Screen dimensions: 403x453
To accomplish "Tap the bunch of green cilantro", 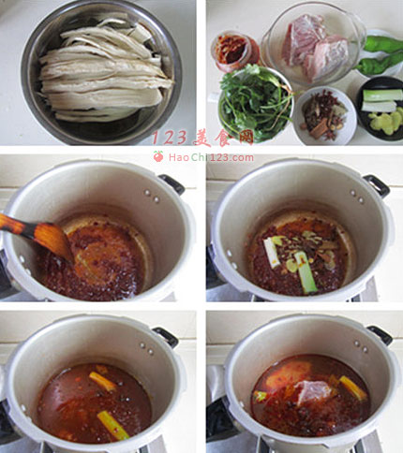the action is [x=256, y=103].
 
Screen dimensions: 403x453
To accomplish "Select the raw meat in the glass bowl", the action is [x=315, y=47].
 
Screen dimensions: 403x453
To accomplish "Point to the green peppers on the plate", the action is [x=380, y=55].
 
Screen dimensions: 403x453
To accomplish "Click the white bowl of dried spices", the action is [x=325, y=116].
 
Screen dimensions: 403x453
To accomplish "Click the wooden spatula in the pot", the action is [x=37, y=235].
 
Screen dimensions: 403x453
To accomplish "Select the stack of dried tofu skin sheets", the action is [x=106, y=70].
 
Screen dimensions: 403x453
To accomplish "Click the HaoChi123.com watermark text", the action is [x=211, y=157].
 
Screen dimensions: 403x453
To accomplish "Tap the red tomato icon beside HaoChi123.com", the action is [x=158, y=156].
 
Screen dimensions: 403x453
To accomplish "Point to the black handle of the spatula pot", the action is [x=172, y=184].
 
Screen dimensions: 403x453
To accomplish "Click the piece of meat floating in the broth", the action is [x=312, y=392].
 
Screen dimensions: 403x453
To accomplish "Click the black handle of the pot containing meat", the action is [x=380, y=335].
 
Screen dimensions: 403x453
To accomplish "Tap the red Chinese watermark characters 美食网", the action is [x=223, y=139].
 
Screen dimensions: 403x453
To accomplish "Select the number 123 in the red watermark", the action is [x=171, y=139].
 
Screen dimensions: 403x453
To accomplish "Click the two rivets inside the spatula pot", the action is [x=152, y=196].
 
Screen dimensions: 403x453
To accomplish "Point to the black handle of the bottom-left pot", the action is [x=165, y=337].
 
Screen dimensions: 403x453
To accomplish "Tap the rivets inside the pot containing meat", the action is [x=361, y=346].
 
